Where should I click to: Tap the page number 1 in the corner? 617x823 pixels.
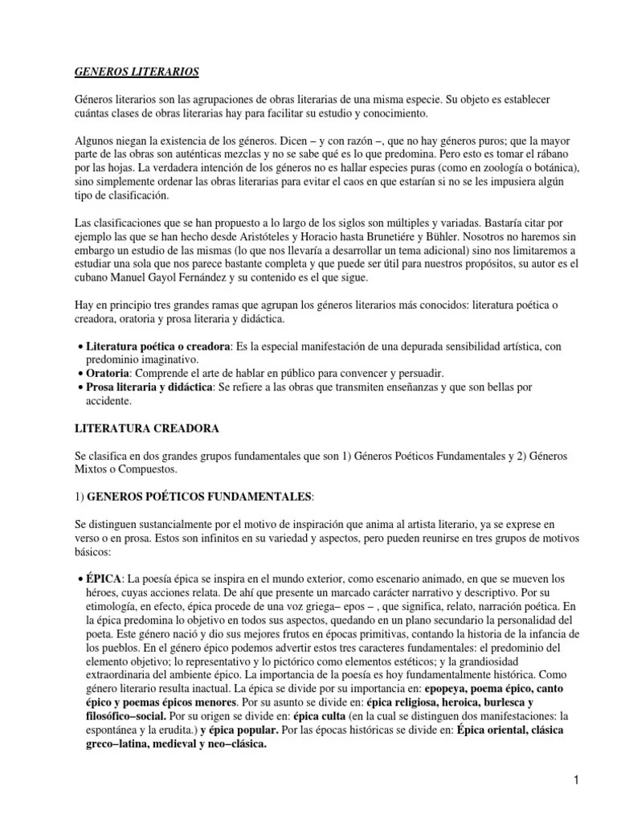pos(577,779)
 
